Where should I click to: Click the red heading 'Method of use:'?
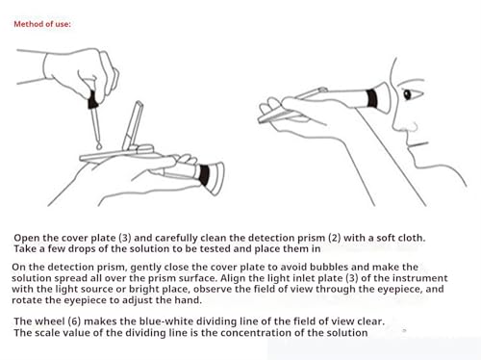[x=42, y=24]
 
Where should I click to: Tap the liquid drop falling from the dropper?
[x=99, y=146]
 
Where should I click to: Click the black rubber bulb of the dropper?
[x=92, y=100]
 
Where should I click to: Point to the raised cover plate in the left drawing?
[x=133, y=125]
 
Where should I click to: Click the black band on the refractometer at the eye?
[x=372, y=98]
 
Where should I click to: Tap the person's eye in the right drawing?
[x=407, y=94]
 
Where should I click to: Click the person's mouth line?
[x=418, y=144]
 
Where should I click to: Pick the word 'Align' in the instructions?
[x=232, y=278]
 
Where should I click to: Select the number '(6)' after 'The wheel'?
[x=74, y=321]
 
